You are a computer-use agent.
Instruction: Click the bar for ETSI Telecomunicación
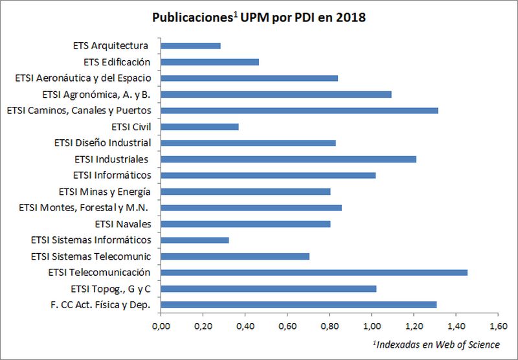click(x=314, y=273)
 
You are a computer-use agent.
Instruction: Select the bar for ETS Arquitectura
click(x=191, y=46)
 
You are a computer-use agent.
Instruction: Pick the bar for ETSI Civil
click(x=199, y=127)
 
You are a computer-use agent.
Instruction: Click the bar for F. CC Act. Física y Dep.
click(x=298, y=305)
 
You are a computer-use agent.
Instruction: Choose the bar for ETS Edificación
click(x=210, y=62)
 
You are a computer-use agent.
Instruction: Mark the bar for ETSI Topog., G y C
click(x=269, y=289)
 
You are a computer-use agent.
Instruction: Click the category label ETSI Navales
click(x=122, y=224)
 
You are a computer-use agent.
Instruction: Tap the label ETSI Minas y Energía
click(x=104, y=192)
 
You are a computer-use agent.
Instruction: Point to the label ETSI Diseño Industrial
click(x=102, y=143)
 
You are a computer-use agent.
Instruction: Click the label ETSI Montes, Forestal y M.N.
click(x=85, y=208)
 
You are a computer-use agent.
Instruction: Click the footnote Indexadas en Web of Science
click(x=437, y=344)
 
